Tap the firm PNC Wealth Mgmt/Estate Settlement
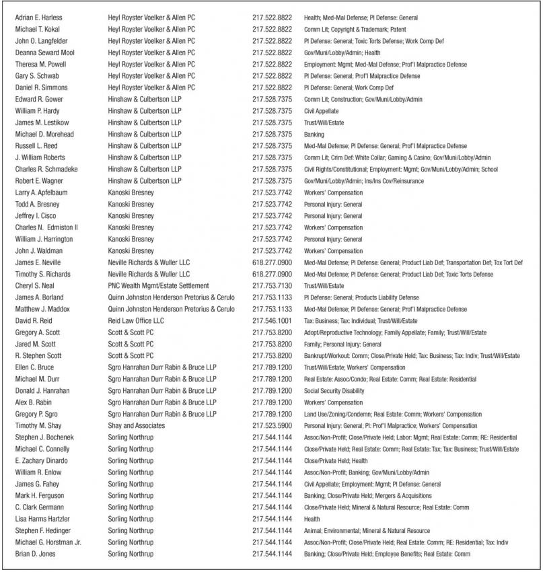(159, 285)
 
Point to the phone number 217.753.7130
(272, 285)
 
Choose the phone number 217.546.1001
(272, 320)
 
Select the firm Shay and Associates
(137, 425)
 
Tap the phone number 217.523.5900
(272, 425)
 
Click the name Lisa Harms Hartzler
(42, 519)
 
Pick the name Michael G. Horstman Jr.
(48, 542)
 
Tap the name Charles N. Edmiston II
(47, 227)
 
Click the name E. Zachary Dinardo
(42, 460)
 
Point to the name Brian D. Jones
(36, 554)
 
